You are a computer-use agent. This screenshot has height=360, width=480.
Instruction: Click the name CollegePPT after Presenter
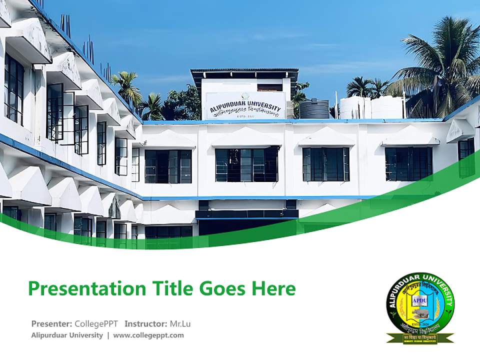pos(96,323)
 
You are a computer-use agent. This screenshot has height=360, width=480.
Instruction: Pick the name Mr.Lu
pos(179,323)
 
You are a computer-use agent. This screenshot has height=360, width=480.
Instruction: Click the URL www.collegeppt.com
pos(148,335)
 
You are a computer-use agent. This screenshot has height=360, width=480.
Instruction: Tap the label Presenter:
pos(51,323)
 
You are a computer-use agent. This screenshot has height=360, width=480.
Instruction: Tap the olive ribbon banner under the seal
pos(420,338)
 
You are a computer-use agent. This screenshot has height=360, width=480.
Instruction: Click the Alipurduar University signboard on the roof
pos(245,106)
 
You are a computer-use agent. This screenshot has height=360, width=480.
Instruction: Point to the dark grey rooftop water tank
pos(314,109)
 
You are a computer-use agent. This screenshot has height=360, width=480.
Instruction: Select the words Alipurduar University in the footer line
pos(67,335)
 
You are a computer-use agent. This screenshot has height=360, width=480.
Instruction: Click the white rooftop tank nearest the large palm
pos(387,107)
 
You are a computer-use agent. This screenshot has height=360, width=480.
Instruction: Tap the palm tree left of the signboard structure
pos(126,87)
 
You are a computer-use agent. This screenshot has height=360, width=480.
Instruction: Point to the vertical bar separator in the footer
pos(108,335)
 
